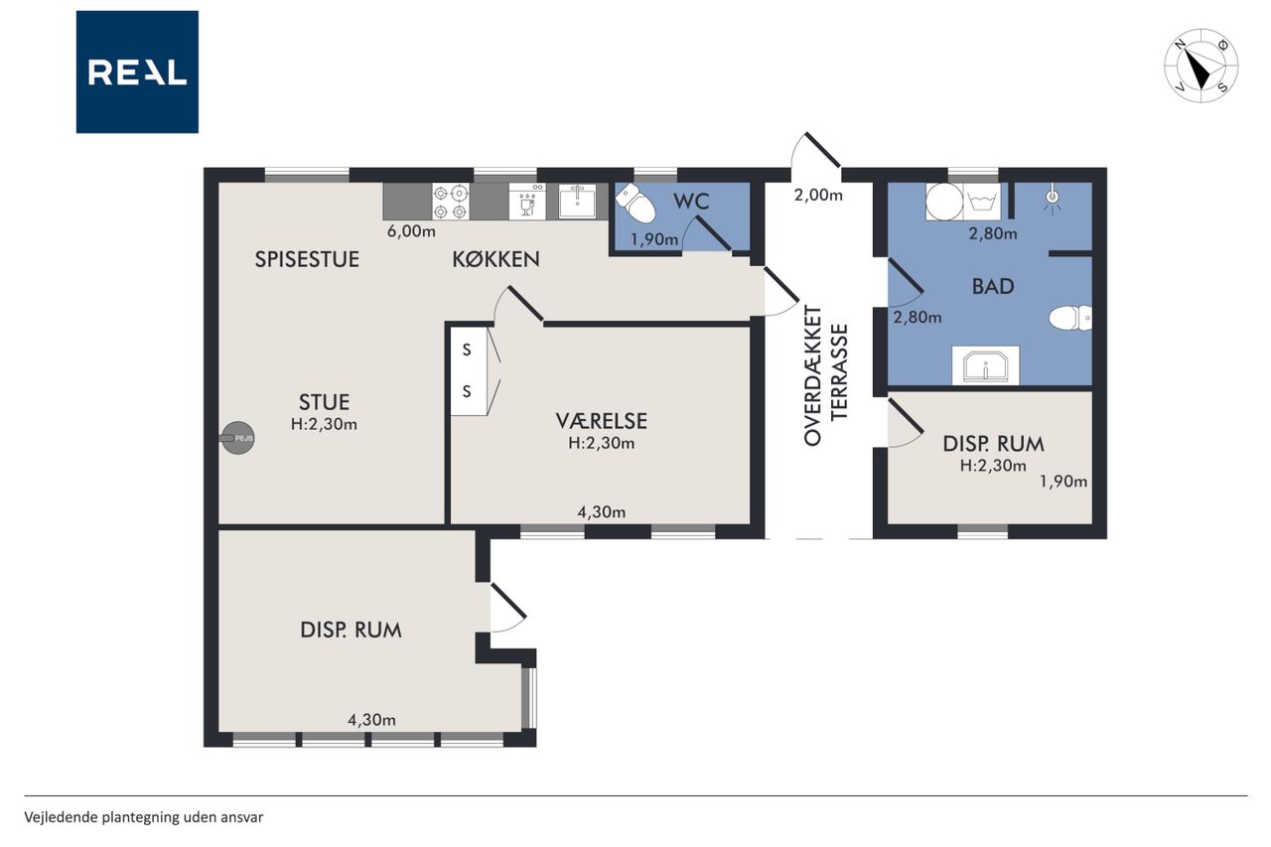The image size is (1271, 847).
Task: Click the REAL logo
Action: click(x=137, y=72)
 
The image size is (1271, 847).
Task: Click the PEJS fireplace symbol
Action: click(x=237, y=437)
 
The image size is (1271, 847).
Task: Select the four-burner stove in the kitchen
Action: click(x=451, y=202)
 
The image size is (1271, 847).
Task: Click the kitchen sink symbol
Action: click(x=577, y=201)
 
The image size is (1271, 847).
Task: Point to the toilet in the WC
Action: click(x=635, y=203)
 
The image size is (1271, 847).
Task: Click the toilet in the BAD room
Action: click(x=1070, y=318)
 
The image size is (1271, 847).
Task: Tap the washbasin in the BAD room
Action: click(x=986, y=365)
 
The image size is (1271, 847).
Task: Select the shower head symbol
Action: click(x=1053, y=200)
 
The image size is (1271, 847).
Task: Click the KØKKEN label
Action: click(x=495, y=260)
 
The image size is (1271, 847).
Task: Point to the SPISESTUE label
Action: click(x=307, y=259)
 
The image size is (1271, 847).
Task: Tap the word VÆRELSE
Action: click(x=602, y=421)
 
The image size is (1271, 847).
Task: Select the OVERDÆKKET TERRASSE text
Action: click(x=825, y=375)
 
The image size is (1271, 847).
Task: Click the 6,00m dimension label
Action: click(x=411, y=231)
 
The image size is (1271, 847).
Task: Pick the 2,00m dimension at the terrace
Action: click(x=818, y=196)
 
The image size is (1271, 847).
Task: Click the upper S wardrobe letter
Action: click(x=467, y=351)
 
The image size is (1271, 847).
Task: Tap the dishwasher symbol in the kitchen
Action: click(x=527, y=202)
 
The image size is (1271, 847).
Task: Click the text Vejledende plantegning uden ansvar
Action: click(x=144, y=817)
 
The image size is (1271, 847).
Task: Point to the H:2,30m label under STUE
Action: click(x=324, y=424)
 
